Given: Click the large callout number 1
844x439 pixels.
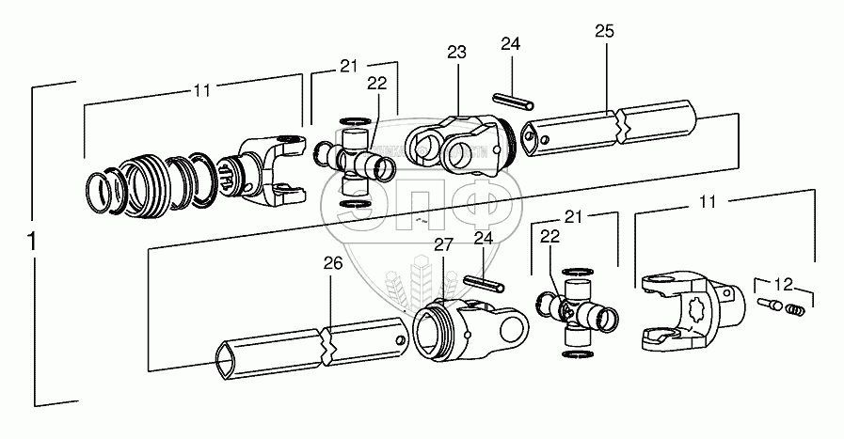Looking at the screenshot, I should coord(34,242).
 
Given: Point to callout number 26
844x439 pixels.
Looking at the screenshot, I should coord(331,265).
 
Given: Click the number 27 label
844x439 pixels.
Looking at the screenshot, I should coord(444,245).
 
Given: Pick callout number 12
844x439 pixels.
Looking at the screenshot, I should coord(783,280).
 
